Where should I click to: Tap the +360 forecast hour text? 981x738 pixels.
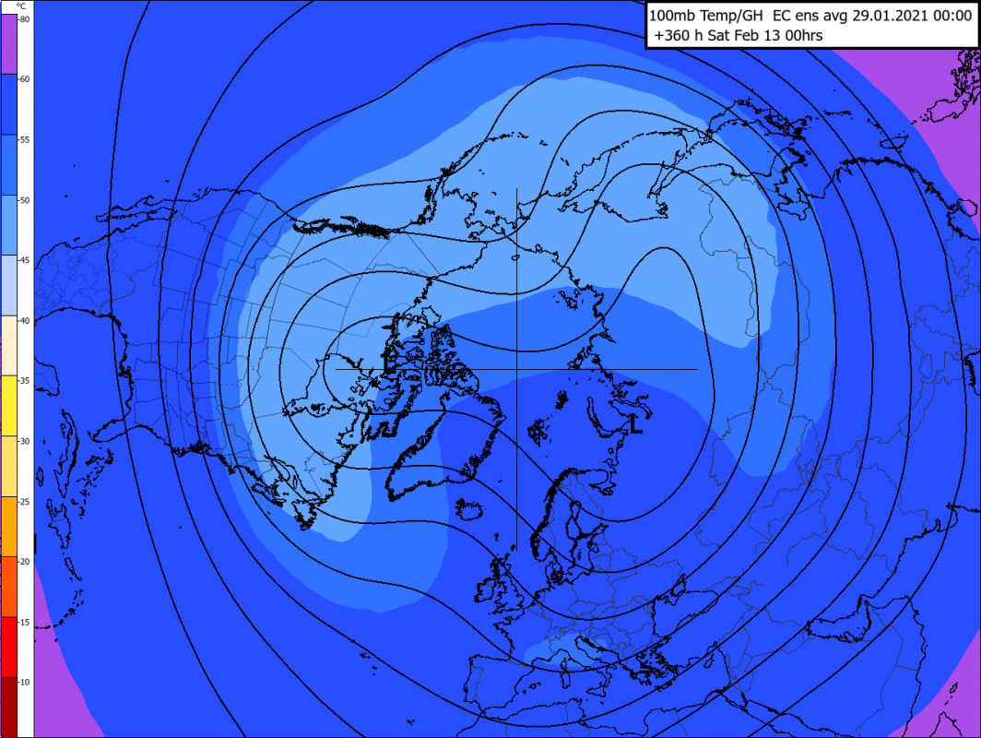(x=673, y=35)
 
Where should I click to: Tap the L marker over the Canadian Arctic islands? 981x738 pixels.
(x=388, y=363)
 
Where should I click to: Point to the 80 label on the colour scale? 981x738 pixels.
(x=24, y=19)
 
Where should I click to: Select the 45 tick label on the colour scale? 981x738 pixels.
(x=24, y=261)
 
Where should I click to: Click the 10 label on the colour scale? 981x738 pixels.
(x=24, y=682)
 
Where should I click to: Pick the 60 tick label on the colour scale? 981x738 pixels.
(x=24, y=79)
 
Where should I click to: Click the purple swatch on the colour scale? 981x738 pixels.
(x=16, y=43)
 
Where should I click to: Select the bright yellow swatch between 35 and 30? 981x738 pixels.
(x=16, y=405)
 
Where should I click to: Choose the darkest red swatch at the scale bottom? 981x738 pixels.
(x=16, y=706)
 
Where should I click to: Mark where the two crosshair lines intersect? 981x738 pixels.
(x=516, y=369)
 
